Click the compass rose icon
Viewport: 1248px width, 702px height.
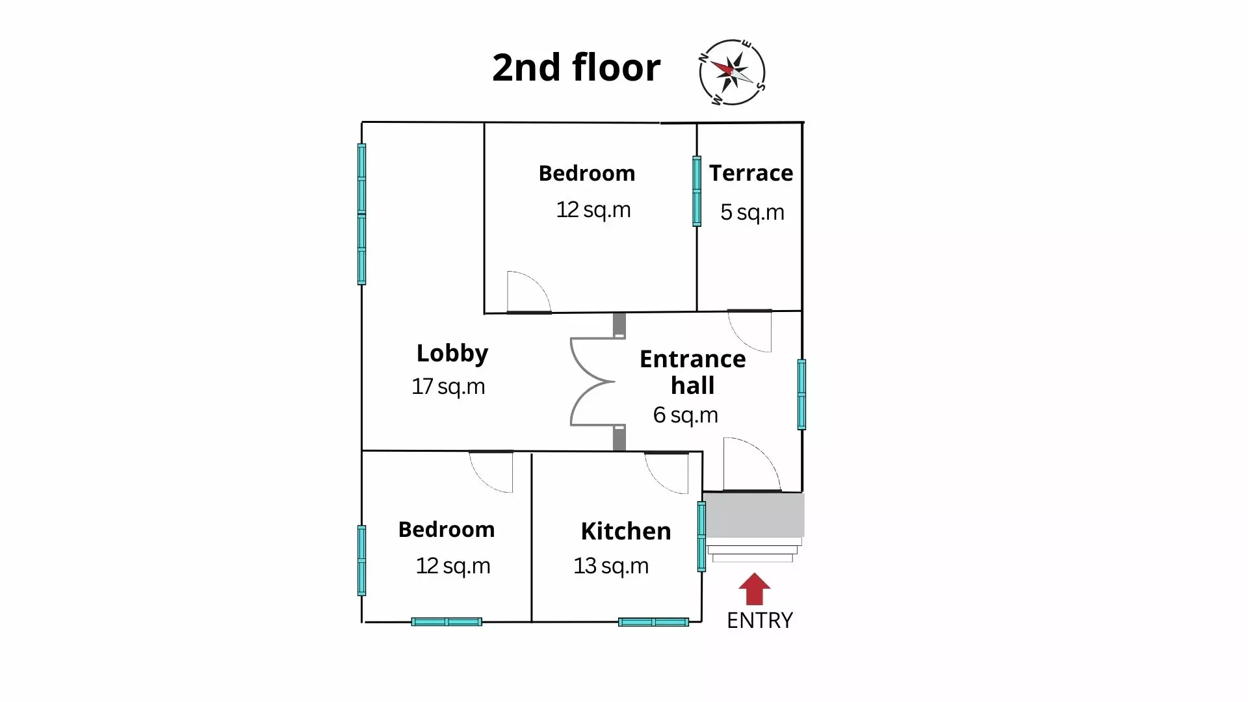733,72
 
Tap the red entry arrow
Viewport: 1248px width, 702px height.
754,589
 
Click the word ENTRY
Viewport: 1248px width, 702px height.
760,621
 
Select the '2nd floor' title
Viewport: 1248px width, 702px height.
576,67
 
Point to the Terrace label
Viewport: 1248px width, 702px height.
751,173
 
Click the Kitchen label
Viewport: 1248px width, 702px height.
626,531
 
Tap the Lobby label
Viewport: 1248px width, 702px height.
452,353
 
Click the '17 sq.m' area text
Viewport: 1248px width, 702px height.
448,387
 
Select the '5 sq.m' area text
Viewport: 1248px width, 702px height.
752,213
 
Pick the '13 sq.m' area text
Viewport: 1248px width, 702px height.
611,566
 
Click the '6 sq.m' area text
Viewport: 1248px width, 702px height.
686,415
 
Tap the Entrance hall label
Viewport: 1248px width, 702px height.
693,372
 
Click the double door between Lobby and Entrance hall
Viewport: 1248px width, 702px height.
593,382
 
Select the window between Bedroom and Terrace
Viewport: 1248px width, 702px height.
697,191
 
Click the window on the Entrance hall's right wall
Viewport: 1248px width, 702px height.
801,395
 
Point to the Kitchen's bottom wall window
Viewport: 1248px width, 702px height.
653,622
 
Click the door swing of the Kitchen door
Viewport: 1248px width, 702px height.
666,473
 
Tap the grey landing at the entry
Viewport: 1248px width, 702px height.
754,515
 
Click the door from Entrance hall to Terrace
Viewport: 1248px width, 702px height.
749,331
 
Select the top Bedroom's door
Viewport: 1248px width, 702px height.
529,292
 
